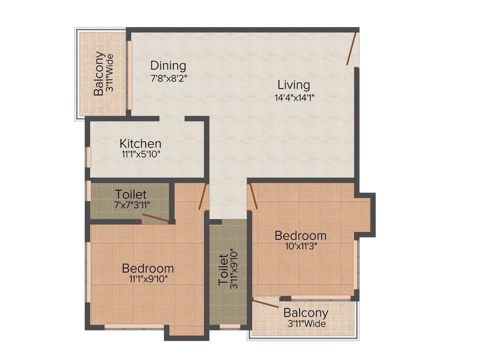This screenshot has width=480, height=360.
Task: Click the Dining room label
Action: click(x=168, y=66)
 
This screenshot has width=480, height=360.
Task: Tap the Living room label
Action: click(x=293, y=85)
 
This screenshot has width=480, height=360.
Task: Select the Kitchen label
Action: click(x=140, y=143)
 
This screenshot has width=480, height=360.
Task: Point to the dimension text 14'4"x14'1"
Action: click(x=294, y=98)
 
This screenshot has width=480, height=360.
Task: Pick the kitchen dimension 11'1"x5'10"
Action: click(x=140, y=154)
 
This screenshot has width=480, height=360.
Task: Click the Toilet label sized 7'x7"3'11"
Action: click(x=131, y=194)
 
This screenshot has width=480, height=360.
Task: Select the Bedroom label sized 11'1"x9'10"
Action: click(x=148, y=268)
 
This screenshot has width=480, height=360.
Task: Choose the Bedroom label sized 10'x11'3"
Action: click(x=300, y=235)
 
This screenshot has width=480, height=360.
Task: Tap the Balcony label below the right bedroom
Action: click(x=306, y=313)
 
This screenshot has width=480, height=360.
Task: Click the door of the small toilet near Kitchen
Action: click(x=156, y=218)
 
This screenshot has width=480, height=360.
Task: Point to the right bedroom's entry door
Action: click(x=253, y=195)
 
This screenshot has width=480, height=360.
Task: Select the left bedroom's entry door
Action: click(x=202, y=196)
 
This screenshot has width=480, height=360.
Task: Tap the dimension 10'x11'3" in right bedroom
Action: click(x=300, y=247)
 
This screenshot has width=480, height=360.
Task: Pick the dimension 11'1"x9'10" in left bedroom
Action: click(x=148, y=279)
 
